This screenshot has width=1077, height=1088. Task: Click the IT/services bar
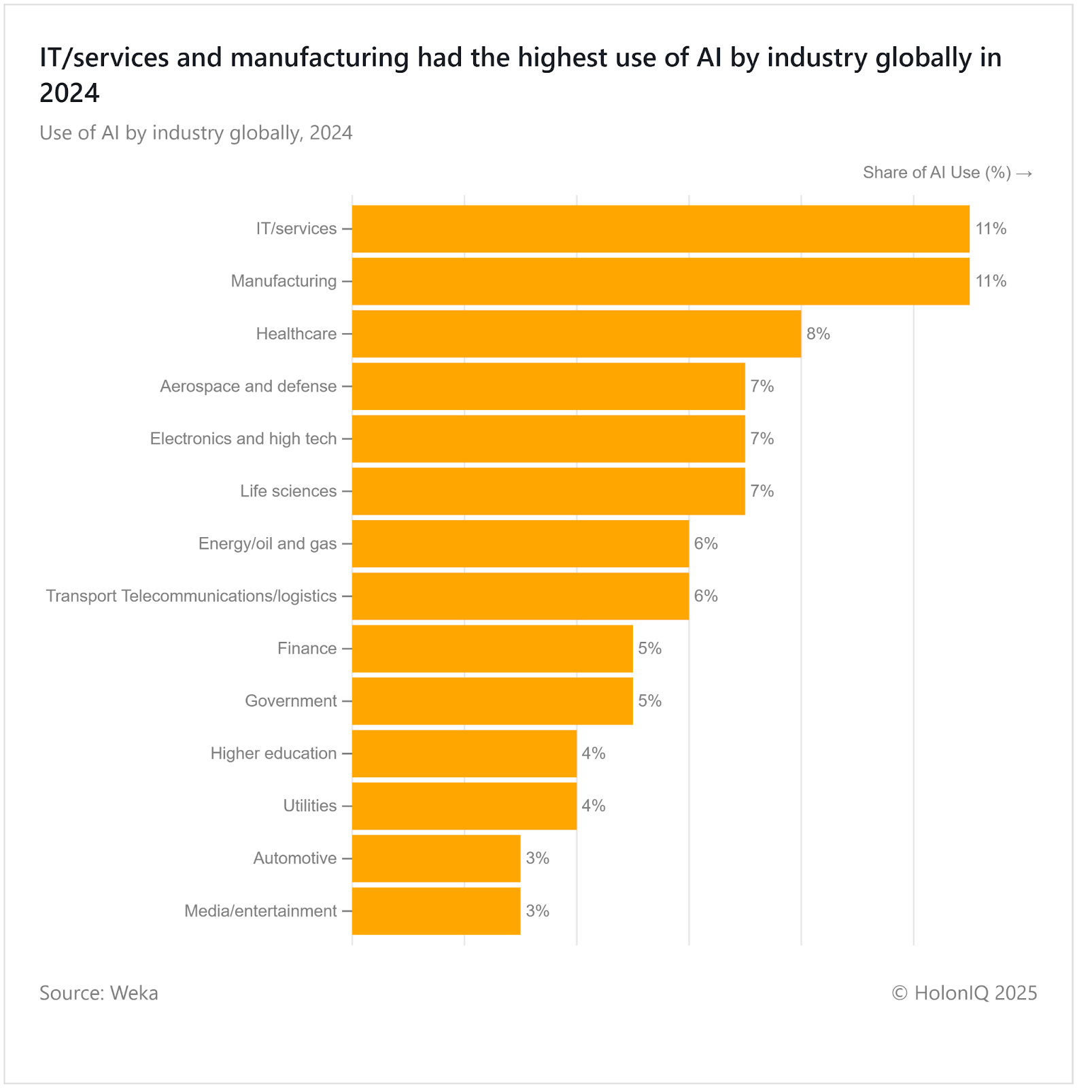pos(660,228)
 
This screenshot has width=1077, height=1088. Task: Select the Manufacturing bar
pos(660,281)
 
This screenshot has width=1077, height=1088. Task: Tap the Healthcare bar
pos(576,334)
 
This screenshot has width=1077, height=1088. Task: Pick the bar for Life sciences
pos(548,491)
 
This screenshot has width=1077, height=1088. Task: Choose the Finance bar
pos(492,649)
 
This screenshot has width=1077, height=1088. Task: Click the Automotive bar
pos(436,858)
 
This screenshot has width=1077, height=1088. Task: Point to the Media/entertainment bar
pos(436,911)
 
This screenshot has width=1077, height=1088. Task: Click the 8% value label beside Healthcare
pos(818,334)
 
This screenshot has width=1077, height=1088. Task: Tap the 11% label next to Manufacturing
pos(991,281)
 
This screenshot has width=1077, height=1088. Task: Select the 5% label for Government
pos(649,701)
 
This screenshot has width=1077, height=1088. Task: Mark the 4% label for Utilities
pos(593,806)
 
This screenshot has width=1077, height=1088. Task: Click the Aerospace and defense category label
pos(248,386)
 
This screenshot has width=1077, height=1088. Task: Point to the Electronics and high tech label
pos(243,439)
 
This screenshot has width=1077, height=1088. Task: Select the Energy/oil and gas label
pos(267,543)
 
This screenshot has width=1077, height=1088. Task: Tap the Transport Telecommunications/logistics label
pos(191,596)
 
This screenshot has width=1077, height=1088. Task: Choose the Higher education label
pos(273,753)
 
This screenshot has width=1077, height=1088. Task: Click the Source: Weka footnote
pos(99,993)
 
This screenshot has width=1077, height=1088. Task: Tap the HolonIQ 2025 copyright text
pos(964,993)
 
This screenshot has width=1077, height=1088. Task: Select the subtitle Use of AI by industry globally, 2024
pos(196,133)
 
